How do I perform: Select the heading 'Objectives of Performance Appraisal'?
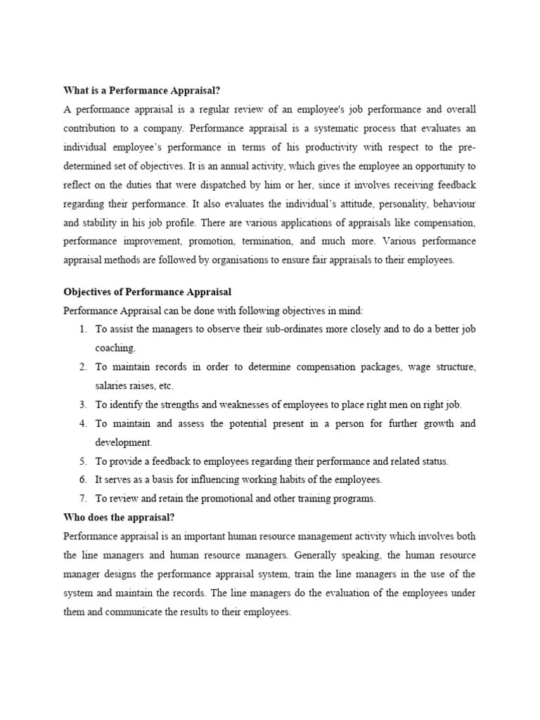(148, 292)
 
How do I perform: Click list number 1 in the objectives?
(82, 330)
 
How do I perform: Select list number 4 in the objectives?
(82, 424)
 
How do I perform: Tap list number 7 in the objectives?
(82, 499)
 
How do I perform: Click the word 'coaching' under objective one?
(116, 348)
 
